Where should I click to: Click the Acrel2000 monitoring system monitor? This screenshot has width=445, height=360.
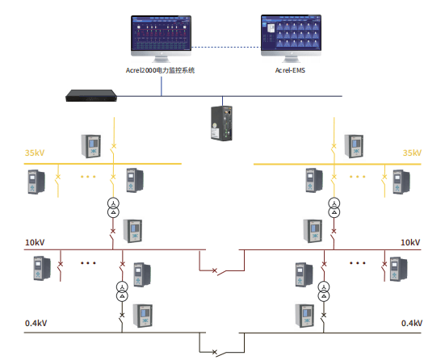tap(161, 38)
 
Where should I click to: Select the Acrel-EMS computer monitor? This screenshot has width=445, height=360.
tap(292, 38)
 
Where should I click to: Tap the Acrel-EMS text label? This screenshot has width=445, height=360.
tap(290, 70)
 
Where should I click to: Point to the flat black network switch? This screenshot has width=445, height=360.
tap(91, 95)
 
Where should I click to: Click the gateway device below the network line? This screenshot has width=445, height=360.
tap(221, 123)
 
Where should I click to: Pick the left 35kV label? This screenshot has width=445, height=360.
tap(35, 153)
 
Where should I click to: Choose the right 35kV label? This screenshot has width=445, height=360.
tap(412, 153)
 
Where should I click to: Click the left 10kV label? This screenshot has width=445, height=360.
tap(35, 242)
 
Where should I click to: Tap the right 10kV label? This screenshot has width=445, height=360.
tap(410, 242)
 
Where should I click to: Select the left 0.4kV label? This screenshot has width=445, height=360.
tap(36, 323)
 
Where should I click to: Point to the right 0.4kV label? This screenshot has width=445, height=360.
tap(412, 323)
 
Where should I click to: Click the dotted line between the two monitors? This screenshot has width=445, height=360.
tap(226, 47)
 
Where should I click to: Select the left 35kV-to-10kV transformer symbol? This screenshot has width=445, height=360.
tap(113, 207)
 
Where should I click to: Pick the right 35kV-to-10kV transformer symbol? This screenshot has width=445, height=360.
tap(334, 207)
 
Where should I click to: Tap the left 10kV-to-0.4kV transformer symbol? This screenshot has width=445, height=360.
tap(122, 291)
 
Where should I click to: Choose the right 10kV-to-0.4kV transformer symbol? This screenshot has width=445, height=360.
tap(324, 291)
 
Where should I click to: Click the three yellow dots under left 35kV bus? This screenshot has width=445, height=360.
tap(88, 177)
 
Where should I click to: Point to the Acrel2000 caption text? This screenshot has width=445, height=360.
tap(160, 70)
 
